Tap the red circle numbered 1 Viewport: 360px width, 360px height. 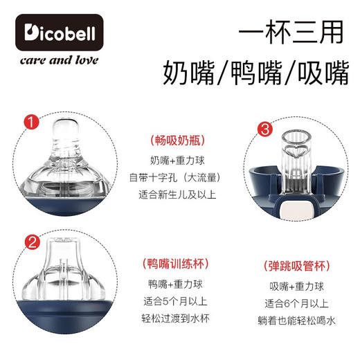pos(30,124)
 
